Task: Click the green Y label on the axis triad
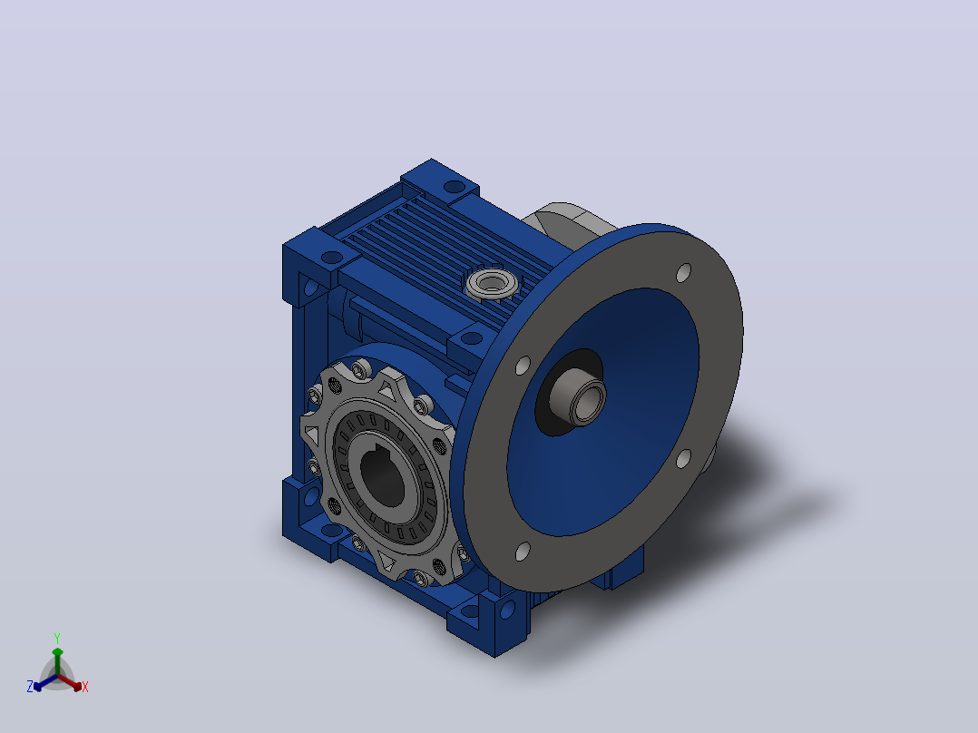click(57, 638)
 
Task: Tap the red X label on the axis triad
click(85, 687)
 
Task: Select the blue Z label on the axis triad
click(29, 687)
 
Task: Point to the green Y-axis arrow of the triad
click(57, 661)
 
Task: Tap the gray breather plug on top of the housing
click(492, 284)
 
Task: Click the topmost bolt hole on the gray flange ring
click(684, 273)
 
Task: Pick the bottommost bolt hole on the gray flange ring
click(523, 552)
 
